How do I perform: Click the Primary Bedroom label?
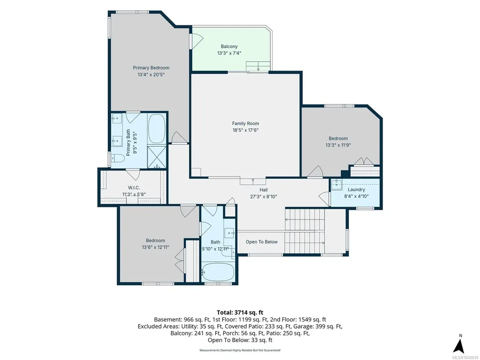coord(151,68)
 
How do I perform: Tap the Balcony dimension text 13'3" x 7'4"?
coord(229,53)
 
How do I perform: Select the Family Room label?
coord(245,124)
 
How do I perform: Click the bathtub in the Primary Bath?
coord(157,129)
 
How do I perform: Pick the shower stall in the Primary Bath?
coord(157,157)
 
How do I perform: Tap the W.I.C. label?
coord(134,188)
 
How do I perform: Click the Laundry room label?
coord(356,190)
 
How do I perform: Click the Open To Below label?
coord(262,242)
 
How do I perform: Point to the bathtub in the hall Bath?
coord(218,272)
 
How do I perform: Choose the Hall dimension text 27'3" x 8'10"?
coord(264,197)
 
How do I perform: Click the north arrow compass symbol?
coord(459,345)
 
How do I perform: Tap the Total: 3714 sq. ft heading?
coord(240,313)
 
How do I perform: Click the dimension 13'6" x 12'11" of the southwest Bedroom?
coord(155,247)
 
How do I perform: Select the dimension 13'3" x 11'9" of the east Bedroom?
coord(338,145)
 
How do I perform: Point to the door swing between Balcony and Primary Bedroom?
coord(197,41)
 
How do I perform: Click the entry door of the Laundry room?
coord(325,198)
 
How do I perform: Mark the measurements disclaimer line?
coord(240,350)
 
